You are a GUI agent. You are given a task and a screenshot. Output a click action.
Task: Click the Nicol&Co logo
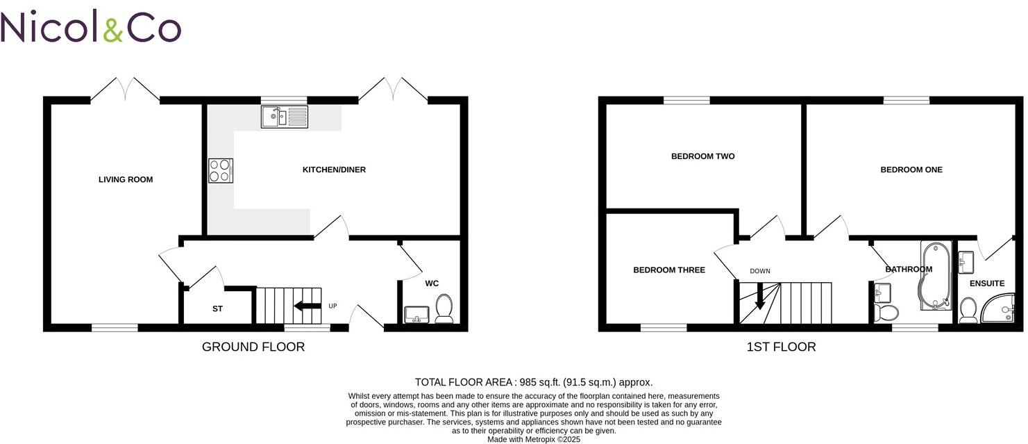[91, 27]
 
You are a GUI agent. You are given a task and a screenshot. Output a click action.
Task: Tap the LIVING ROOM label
[126, 180]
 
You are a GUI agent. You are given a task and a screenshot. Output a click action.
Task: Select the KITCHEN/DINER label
[334, 170]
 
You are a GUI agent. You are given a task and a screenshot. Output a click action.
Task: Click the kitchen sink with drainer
[284, 117]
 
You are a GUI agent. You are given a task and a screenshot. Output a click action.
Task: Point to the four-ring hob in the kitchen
[221, 171]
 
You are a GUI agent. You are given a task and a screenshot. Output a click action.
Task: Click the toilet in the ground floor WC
[444, 308]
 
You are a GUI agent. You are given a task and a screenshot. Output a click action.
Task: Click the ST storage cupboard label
[217, 309]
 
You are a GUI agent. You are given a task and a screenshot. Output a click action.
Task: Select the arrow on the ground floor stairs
[307, 306]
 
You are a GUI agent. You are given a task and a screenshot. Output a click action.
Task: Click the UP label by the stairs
[332, 306]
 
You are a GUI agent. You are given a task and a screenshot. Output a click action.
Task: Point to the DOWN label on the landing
[759, 271]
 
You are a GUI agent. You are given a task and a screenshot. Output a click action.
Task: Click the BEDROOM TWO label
[702, 156]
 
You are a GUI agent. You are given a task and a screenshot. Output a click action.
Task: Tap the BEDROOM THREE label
[669, 270]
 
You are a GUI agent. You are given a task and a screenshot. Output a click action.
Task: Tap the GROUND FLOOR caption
[253, 347]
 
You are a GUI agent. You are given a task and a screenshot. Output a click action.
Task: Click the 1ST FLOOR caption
[781, 347]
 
